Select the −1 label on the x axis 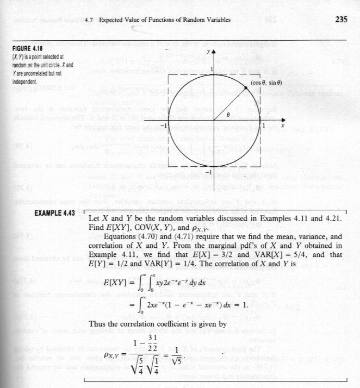pos(162,124)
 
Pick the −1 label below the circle pos(208,172)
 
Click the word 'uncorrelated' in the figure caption pos(38,76)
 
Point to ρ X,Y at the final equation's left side pos(113,360)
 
